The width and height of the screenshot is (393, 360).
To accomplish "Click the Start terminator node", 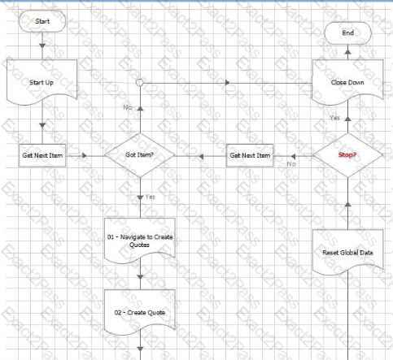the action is (42, 21).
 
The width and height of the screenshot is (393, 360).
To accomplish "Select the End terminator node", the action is (347, 33).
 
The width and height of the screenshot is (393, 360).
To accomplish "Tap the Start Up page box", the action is (42, 82).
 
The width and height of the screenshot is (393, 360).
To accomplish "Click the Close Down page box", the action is (347, 82).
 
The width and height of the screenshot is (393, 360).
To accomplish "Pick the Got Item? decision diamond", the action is (140, 155).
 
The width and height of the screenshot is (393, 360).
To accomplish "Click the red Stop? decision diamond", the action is (347, 155).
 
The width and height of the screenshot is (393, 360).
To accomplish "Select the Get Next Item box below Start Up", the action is (42, 155).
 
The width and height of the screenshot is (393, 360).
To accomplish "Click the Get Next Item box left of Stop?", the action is (250, 155).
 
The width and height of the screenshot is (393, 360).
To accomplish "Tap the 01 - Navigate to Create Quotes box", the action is (140, 241).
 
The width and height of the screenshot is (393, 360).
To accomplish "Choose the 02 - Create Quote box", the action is (140, 312).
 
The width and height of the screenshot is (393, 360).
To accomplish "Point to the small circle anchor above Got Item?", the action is (140, 82).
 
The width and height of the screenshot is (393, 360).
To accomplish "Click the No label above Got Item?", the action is (128, 107).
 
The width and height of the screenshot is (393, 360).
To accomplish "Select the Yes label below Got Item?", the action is (150, 197).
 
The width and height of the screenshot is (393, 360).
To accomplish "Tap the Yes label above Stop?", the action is (334, 118).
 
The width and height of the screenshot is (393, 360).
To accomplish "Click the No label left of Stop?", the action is (291, 164).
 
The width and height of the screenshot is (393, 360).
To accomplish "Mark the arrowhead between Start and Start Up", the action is (42, 46).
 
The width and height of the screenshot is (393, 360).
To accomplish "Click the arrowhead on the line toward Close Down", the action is (228, 82).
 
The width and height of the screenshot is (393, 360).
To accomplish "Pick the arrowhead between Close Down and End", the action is (347, 52).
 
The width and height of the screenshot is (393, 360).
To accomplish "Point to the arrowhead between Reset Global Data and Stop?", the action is (347, 204).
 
